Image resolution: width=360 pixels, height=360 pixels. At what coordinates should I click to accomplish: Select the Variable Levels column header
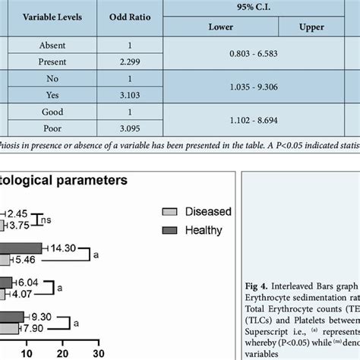coord(52,17)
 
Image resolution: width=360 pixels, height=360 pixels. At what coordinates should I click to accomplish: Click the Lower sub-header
coord(220,27)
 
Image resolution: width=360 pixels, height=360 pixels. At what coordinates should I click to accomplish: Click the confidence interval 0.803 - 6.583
coord(262,53)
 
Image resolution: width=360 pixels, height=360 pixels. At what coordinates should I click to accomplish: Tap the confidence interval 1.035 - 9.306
coord(262,89)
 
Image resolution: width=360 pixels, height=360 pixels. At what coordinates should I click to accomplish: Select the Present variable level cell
coord(52,61)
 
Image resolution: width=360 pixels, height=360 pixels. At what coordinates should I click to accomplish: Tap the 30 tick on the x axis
coord(98,353)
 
